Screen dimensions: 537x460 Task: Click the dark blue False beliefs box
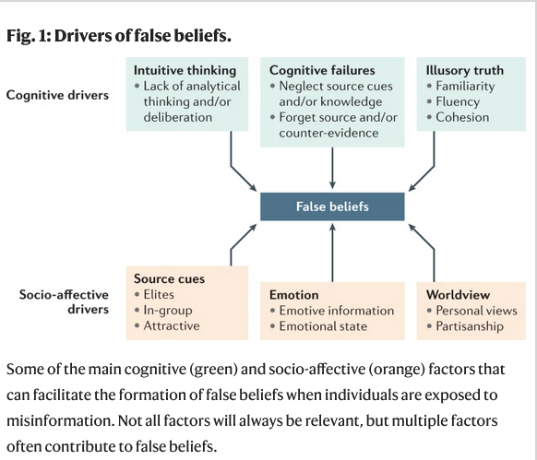(x=332, y=206)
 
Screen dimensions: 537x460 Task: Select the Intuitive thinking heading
(x=185, y=70)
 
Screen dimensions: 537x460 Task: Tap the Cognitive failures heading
(x=322, y=70)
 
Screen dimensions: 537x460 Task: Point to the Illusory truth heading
(x=465, y=70)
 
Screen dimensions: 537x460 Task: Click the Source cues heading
(x=169, y=278)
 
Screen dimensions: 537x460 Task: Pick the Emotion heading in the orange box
(x=293, y=295)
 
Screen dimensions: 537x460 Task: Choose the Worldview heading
(x=458, y=295)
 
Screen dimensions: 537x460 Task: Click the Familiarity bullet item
(x=465, y=87)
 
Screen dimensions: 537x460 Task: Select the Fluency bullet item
(x=458, y=101)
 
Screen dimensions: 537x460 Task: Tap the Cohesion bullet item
(x=462, y=117)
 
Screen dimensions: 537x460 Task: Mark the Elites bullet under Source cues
(x=159, y=294)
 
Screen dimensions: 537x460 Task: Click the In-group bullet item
(x=168, y=310)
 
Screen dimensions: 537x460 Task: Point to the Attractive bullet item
(x=172, y=325)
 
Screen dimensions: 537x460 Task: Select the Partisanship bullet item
(x=470, y=326)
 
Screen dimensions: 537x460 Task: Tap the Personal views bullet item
(x=476, y=311)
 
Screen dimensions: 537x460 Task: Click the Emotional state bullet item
(x=323, y=326)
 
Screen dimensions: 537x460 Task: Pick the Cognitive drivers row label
(x=57, y=95)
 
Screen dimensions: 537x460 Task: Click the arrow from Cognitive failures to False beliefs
(x=332, y=168)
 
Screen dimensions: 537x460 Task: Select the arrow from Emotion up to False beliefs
(x=332, y=253)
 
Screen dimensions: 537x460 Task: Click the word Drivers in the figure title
(x=83, y=35)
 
